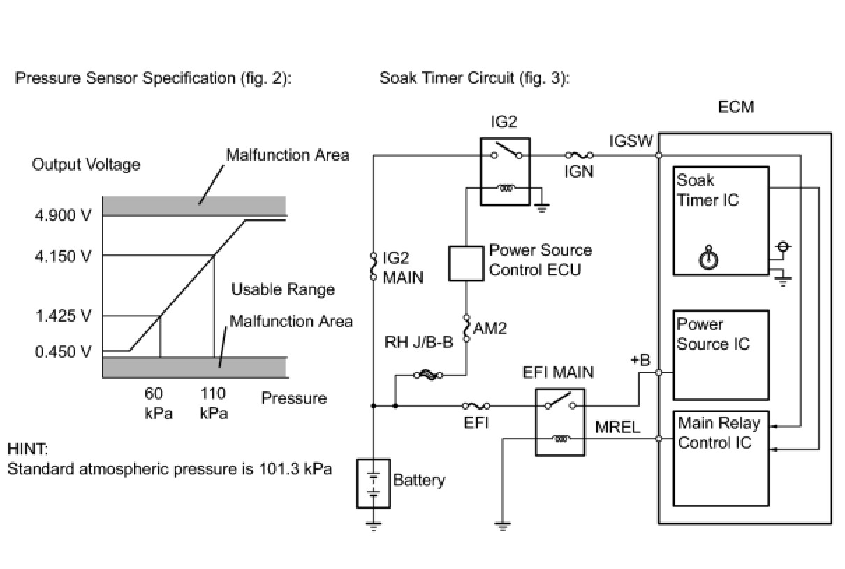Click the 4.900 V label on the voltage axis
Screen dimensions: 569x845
coord(63,215)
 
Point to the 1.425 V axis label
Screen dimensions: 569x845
coord(63,316)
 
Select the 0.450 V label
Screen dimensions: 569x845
coord(63,352)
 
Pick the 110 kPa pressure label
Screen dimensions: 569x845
coord(214,403)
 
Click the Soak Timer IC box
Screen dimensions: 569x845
coord(720,219)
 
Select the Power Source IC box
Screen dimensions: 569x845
coord(720,354)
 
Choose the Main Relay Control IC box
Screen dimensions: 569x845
coord(720,459)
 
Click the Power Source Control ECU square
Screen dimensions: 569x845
coord(466,264)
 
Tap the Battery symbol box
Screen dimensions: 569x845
coord(374,483)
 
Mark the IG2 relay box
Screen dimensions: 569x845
coord(505,170)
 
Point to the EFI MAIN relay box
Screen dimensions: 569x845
coord(560,422)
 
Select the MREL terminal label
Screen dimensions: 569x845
coord(617,427)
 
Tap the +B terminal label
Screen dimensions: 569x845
coord(640,361)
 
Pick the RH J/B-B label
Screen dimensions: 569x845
coord(418,343)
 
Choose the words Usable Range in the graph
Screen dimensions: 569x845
coord(283,289)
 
